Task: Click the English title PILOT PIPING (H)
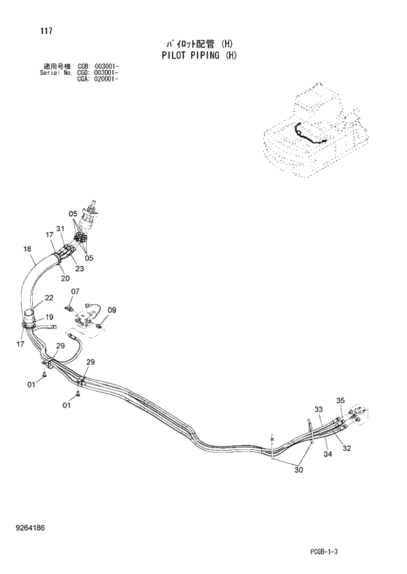tap(199, 55)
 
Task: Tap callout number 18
tap(27, 249)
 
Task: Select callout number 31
tap(60, 228)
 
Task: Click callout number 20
tap(66, 278)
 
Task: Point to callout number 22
tap(49, 298)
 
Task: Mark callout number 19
tap(49, 317)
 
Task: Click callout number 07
tap(75, 291)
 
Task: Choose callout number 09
tap(112, 310)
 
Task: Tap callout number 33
tap(318, 409)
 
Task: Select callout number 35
tap(340, 400)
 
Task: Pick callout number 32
tap(347, 449)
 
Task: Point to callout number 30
tap(299, 469)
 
